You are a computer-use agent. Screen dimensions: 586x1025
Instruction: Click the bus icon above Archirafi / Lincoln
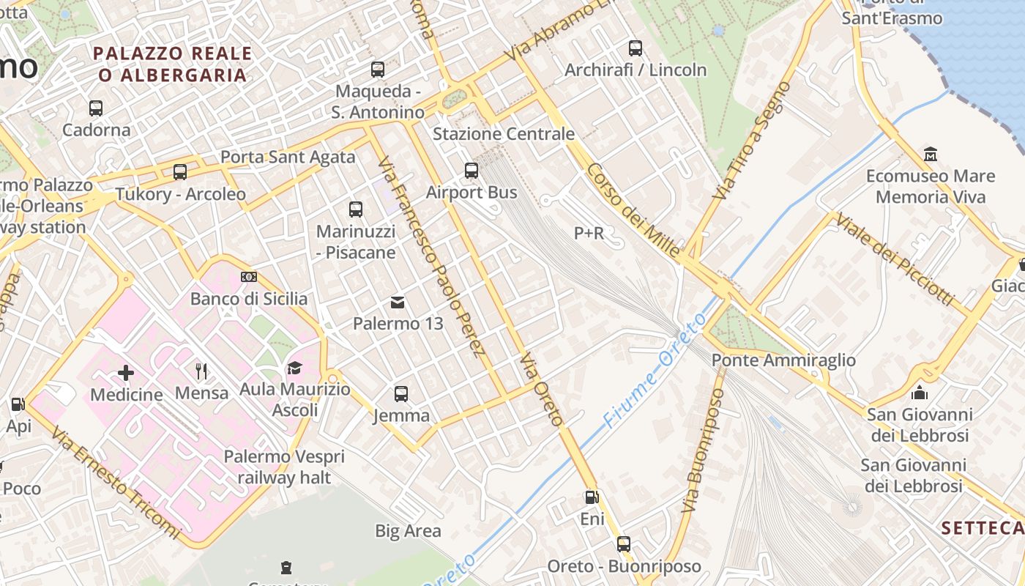[x=635, y=48]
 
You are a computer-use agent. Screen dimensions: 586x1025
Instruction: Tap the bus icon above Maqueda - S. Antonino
[x=378, y=70]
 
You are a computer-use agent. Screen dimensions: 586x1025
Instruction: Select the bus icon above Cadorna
[x=96, y=108]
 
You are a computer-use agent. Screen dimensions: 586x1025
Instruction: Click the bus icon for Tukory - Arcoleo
[x=180, y=172]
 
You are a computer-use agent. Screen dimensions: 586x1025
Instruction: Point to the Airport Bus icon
[x=471, y=171]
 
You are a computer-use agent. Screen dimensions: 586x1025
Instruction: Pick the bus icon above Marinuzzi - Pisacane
[x=356, y=209]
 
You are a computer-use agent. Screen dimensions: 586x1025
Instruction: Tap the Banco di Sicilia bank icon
[x=249, y=277]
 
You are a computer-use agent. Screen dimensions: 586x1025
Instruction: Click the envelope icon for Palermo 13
[x=398, y=302]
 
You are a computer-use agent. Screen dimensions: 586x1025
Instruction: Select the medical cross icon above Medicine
[x=126, y=373]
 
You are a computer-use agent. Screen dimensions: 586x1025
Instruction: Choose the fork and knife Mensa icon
[x=201, y=371]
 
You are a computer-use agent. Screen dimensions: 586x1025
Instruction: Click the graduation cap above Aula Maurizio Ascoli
[x=294, y=367]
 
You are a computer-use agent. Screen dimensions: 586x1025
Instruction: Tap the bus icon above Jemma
[x=401, y=394]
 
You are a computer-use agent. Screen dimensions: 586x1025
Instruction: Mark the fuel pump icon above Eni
[x=592, y=497]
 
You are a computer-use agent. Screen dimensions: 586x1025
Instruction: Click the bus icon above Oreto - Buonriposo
[x=624, y=544]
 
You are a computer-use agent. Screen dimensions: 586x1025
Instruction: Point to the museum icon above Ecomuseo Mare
[x=931, y=155]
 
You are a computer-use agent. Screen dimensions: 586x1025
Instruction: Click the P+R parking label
[x=589, y=233]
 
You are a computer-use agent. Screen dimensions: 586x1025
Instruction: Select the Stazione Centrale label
[x=504, y=134]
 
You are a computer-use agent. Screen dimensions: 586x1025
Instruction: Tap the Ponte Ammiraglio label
[x=783, y=360]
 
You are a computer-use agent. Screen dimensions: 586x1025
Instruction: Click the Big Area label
[x=408, y=531]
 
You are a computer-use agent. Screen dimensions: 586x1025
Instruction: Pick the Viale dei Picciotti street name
[x=895, y=259]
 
